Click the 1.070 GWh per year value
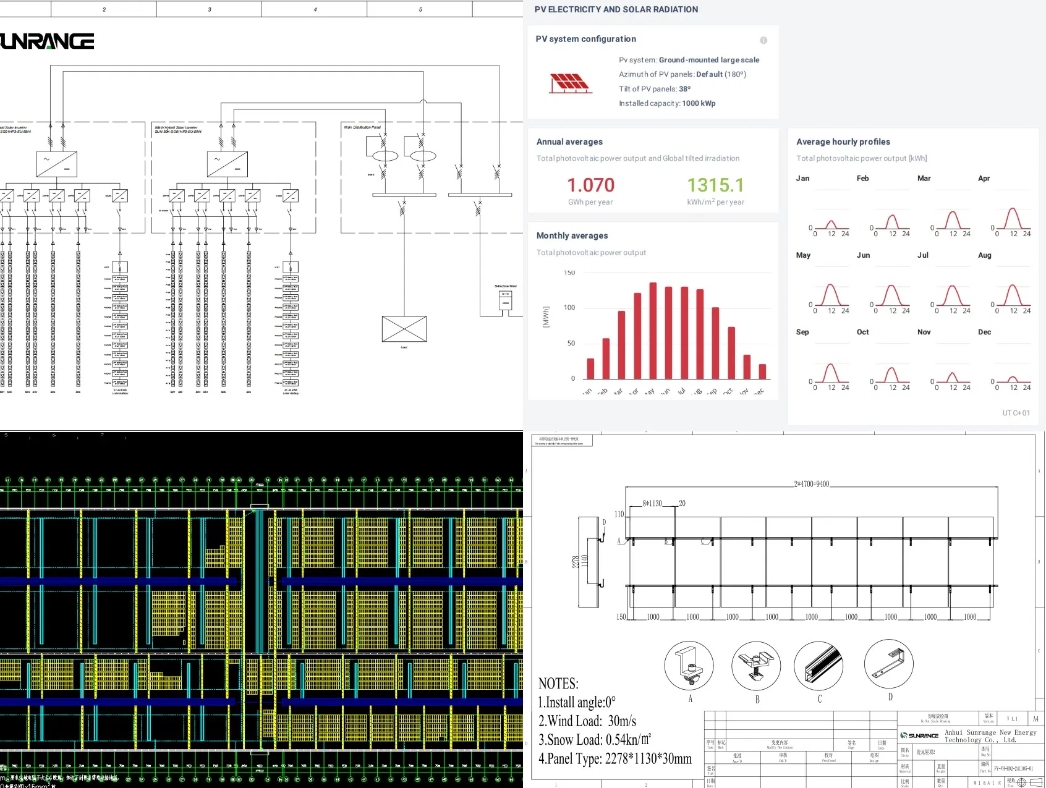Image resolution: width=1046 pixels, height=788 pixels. (590, 185)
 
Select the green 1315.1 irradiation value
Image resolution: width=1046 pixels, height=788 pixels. (715, 185)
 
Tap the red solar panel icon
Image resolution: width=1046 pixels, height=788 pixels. (570, 83)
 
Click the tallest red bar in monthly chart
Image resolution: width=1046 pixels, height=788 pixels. (653, 331)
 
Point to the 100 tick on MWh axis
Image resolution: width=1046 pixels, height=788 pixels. (569, 308)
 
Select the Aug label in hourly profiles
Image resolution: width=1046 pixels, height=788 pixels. (984, 255)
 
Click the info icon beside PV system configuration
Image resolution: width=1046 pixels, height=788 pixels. (763, 40)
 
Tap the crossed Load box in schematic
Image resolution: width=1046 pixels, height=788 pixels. (404, 329)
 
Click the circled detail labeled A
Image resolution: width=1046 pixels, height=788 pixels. (689, 666)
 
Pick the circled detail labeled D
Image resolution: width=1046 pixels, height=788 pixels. (888, 663)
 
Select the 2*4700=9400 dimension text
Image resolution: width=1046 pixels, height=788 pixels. (811, 484)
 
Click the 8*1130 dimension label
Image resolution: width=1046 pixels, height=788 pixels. (652, 504)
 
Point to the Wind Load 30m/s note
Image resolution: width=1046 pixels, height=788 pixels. (587, 721)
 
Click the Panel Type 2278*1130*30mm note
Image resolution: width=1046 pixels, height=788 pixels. (614, 759)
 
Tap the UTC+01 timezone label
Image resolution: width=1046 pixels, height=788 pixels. (1016, 413)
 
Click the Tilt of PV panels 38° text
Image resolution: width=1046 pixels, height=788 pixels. (655, 89)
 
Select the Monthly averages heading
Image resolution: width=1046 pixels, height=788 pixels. (572, 235)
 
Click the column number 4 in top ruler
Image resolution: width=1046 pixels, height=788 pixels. (315, 9)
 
